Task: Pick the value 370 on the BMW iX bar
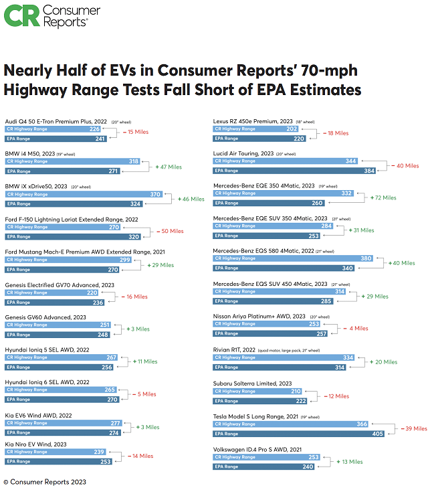tap(156, 194)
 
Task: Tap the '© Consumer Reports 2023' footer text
tap(45, 482)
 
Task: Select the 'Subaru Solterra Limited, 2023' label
tap(252, 383)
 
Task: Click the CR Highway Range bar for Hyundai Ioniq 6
tap(60, 390)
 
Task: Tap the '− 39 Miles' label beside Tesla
tap(412, 428)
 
